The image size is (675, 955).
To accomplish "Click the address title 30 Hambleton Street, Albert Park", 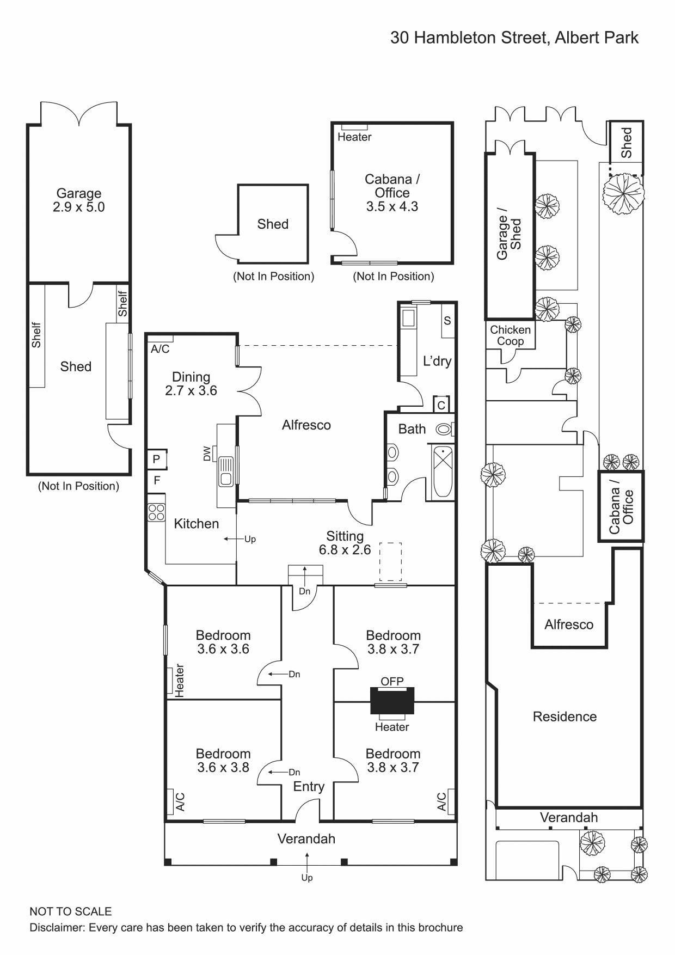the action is (x=514, y=38).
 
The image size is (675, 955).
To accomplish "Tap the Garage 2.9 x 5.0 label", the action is (x=79, y=200).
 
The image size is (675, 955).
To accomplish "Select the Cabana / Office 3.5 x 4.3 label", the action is (x=392, y=193).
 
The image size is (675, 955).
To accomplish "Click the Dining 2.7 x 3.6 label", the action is (x=191, y=383).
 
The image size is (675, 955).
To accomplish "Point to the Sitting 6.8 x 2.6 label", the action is (x=345, y=543).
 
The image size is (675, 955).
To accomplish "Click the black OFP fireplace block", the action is (x=392, y=701).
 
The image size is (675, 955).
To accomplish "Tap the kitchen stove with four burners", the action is (x=156, y=512).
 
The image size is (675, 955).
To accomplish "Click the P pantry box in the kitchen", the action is (x=156, y=459).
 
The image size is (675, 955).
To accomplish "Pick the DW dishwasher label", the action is (x=207, y=454).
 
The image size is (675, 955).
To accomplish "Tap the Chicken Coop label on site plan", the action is (x=510, y=335).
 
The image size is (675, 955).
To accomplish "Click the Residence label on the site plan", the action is (x=564, y=717).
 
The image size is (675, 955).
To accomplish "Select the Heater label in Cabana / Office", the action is (x=354, y=137).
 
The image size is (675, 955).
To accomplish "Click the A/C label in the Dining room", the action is (x=160, y=349).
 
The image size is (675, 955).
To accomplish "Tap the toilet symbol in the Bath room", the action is (x=444, y=430).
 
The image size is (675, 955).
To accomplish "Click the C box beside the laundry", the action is (x=441, y=405).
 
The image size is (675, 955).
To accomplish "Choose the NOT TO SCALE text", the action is (x=71, y=911).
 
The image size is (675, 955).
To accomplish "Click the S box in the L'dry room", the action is (x=447, y=321).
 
